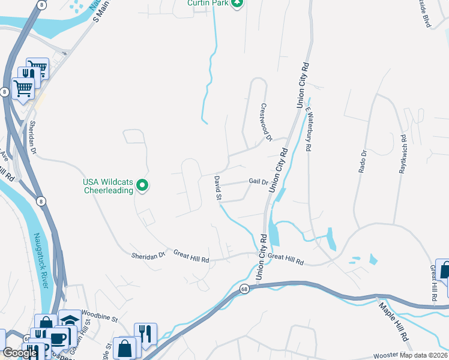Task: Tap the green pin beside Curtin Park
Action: pyautogui.click(x=238, y=3)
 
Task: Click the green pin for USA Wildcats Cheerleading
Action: pyautogui.click(x=143, y=186)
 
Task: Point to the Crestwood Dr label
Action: pyautogui.click(x=266, y=122)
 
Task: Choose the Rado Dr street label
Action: pyautogui.click(x=362, y=161)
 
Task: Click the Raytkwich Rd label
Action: pyautogui.click(x=403, y=158)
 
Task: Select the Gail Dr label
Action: pyautogui.click(x=258, y=181)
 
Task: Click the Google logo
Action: pyautogui.click(x=20, y=353)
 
